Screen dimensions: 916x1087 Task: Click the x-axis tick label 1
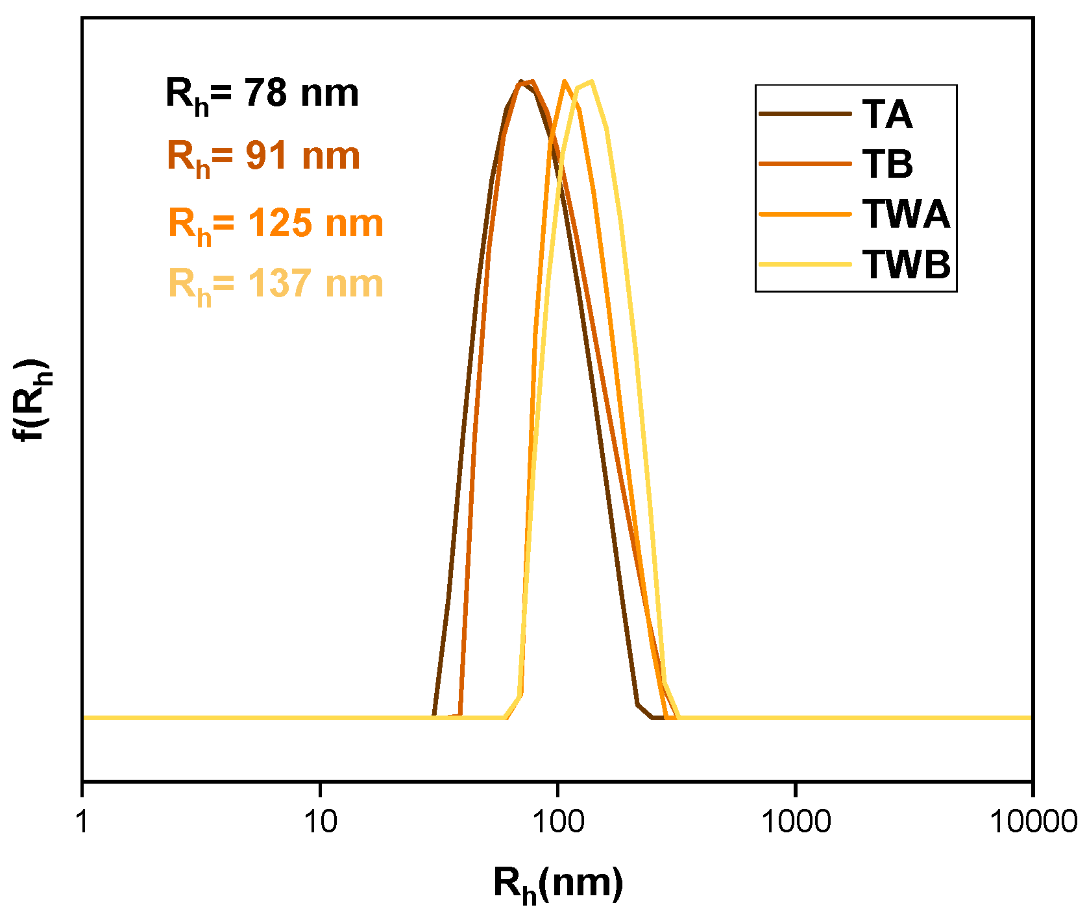[x=82, y=822]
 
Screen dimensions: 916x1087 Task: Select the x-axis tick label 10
[x=320, y=822]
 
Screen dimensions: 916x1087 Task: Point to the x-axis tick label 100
[x=558, y=822]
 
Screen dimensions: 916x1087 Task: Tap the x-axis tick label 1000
[x=796, y=822]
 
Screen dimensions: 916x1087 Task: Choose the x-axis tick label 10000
[x=1033, y=822]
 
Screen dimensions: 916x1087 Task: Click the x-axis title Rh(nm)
[x=558, y=884]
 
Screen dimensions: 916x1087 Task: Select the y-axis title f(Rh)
[x=31, y=399]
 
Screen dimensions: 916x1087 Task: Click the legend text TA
[x=887, y=115]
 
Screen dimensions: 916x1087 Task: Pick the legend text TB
[x=888, y=164]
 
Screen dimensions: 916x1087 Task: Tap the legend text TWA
[x=906, y=214]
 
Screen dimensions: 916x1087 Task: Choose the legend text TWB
[x=907, y=264]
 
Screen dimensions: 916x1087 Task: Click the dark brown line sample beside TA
[x=805, y=114]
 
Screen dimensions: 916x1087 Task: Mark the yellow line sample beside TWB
[x=805, y=264]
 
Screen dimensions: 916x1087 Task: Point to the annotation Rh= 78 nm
[x=262, y=94]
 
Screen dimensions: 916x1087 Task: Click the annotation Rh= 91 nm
[x=263, y=157]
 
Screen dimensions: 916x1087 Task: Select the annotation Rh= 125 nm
[x=276, y=224]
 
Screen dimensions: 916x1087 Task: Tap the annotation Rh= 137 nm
[x=276, y=285]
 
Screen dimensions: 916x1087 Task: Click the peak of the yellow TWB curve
[x=592, y=82]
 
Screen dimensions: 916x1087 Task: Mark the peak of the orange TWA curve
[x=565, y=82]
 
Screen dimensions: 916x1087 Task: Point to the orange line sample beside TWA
[x=805, y=214]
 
